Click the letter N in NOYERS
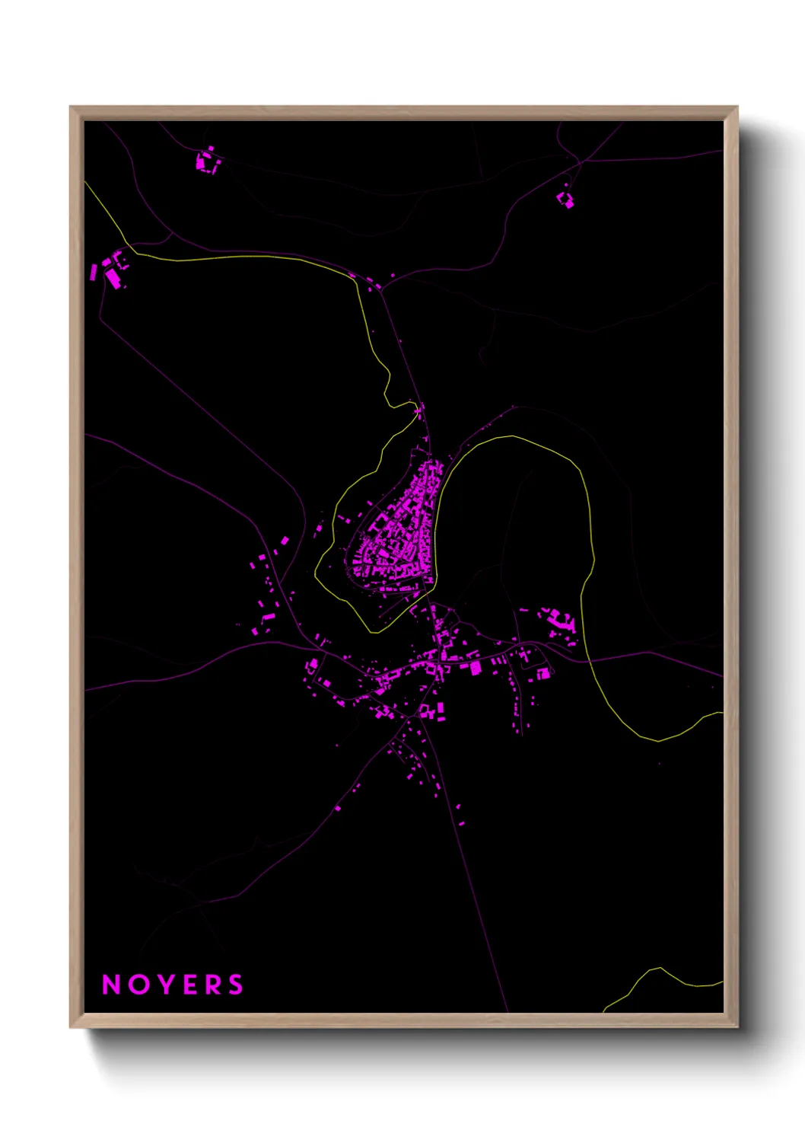tap(112, 985)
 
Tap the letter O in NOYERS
tap(139, 985)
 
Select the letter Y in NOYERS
tap(165, 985)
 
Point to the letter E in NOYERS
tap(189, 985)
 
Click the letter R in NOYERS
tap(212, 985)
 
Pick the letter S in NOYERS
tap(236, 985)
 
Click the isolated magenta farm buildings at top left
tap(207, 161)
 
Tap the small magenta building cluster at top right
tap(565, 200)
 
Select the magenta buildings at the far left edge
tap(111, 270)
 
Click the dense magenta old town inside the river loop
tap(399, 533)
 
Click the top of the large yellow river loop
tap(511, 437)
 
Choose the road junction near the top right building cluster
tap(580, 162)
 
